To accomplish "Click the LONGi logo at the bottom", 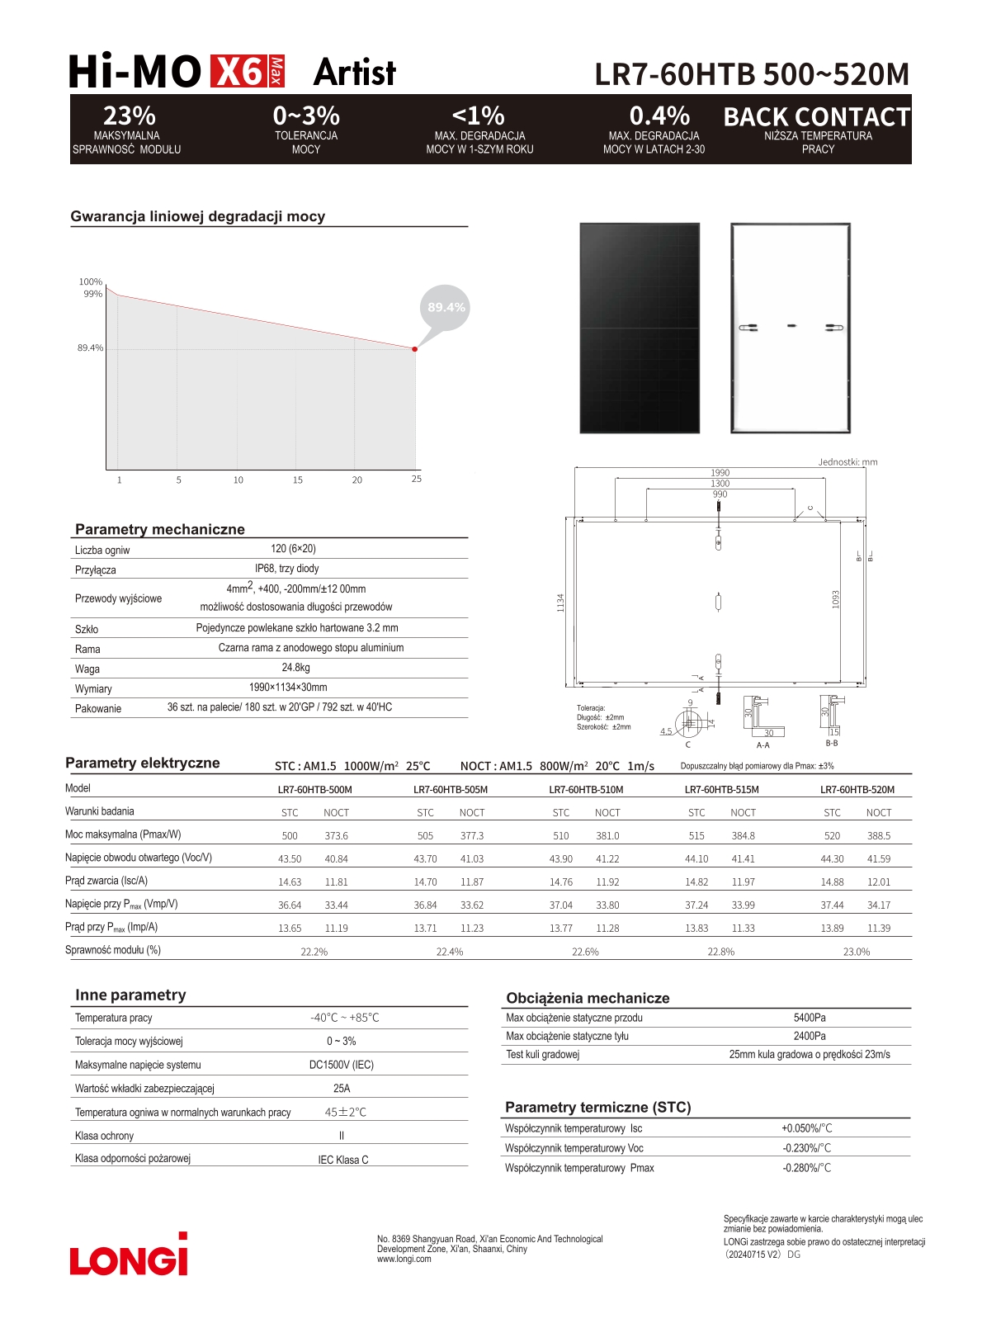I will click(129, 1255).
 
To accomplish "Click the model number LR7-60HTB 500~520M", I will click(751, 74).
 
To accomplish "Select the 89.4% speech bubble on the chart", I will click(446, 307).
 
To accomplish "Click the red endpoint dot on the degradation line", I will click(414, 349).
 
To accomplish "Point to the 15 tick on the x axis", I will click(298, 480).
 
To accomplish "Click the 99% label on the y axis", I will click(92, 294).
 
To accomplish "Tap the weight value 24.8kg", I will click(295, 668).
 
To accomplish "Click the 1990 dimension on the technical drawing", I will click(720, 473).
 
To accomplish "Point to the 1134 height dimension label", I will click(560, 603).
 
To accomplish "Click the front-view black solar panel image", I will click(640, 328).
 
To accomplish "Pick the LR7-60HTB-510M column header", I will click(586, 790).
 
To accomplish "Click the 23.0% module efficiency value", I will click(856, 952).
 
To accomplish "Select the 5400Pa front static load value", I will click(809, 1018).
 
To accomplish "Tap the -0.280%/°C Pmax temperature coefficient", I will click(806, 1168).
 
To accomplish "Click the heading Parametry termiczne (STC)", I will click(597, 1108).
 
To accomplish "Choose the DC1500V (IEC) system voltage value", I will click(341, 1065).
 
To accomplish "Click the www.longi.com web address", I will click(404, 1259).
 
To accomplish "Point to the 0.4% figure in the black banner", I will click(659, 116).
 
